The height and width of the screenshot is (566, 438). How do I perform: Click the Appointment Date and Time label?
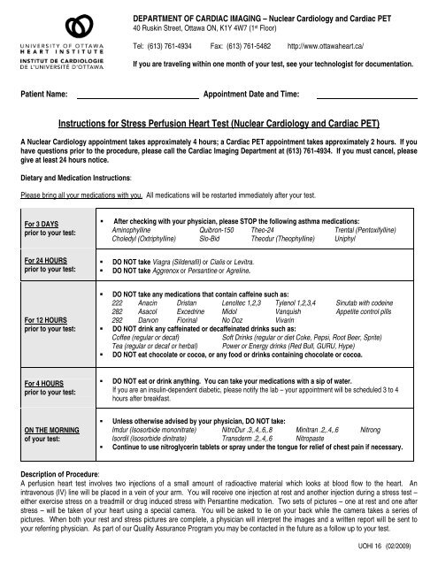pos(251,93)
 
